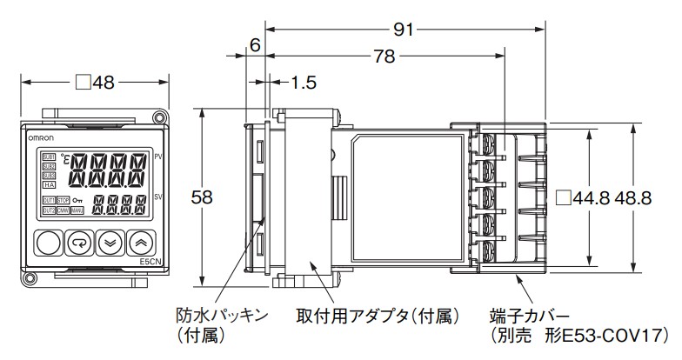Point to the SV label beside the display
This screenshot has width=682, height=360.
coord(157,197)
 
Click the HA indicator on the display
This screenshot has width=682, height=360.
coord(49,185)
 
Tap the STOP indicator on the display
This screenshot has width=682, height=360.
coord(64,201)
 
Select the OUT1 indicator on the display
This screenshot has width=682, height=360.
coord(49,201)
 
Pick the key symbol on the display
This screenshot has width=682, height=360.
coord(79,201)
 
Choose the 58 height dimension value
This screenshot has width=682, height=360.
coord(202,197)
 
